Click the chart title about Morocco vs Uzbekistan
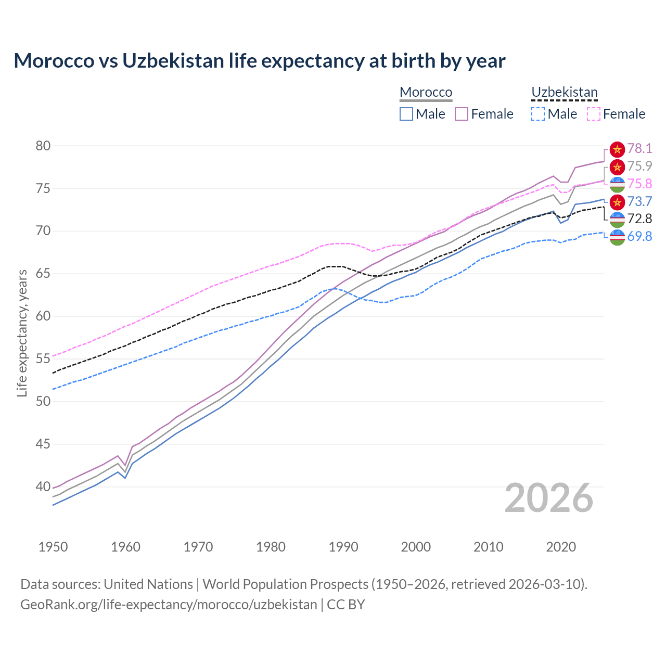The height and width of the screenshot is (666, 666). click(259, 61)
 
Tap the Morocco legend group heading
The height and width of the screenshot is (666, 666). click(426, 92)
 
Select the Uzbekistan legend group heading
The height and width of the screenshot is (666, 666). click(564, 92)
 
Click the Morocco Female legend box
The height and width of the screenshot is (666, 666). click(462, 114)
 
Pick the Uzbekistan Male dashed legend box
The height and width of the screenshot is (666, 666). click(538, 114)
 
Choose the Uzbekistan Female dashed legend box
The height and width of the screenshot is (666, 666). click(594, 114)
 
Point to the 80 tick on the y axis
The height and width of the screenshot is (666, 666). click(43, 146)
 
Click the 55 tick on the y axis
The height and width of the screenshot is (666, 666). click(43, 359)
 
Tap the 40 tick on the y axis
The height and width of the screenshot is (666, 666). click(43, 487)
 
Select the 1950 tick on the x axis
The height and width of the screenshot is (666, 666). click(53, 547)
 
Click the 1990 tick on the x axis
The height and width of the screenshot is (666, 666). click(343, 547)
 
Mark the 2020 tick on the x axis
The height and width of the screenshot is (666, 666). click(561, 547)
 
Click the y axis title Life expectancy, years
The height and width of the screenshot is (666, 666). click(22, 333)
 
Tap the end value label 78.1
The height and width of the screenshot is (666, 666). click(639, 149)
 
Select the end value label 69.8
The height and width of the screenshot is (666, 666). click(639, 236)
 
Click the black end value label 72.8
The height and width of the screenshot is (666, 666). click(639, 219)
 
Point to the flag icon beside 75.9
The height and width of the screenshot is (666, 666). click(617, 166)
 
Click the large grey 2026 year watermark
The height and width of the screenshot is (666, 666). click(548, 498)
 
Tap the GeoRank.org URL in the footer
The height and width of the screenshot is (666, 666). click(169, 605)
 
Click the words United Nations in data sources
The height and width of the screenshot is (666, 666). click(148, 584)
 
